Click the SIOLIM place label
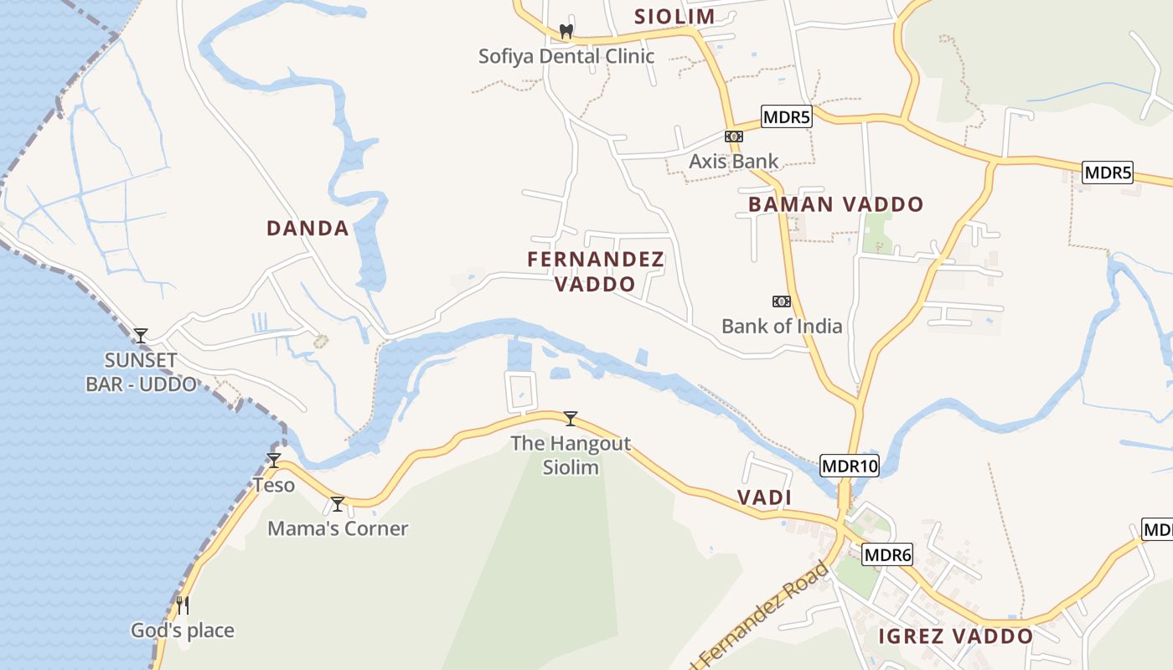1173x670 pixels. click(674, 16)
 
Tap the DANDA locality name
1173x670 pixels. click(307, 228)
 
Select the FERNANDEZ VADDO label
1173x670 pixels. click(596, 271)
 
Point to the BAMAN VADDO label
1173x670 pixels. click(835, 204)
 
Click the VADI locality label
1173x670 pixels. click(764, 497)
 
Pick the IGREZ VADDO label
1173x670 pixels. click(955, 636)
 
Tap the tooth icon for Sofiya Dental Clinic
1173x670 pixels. click(566, 32)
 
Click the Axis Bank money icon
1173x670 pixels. click(733, 137)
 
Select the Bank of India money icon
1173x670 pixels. click(781, 301)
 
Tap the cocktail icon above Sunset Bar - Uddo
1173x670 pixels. click(141, 335)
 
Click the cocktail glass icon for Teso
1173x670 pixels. click(273, 460)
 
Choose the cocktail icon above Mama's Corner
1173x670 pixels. click(338, 503)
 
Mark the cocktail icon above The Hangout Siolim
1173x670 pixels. click(571, 418)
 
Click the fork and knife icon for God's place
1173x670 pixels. click(182, 605)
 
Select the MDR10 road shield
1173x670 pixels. click(850, 466)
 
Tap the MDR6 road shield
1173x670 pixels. click(887, 554)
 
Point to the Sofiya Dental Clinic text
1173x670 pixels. click(566, 56)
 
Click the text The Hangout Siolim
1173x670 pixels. click(571, 455)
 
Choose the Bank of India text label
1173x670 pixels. click(782, 326)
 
